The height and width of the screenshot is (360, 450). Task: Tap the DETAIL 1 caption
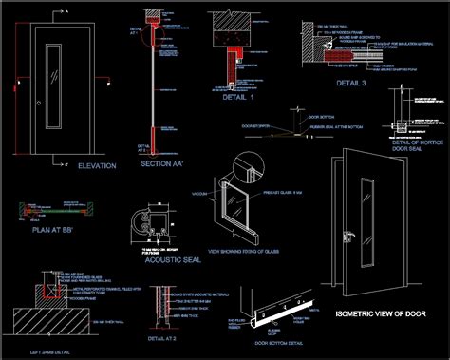(x=239, y=97)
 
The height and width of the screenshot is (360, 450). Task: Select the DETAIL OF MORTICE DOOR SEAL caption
(x=417, y=144)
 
